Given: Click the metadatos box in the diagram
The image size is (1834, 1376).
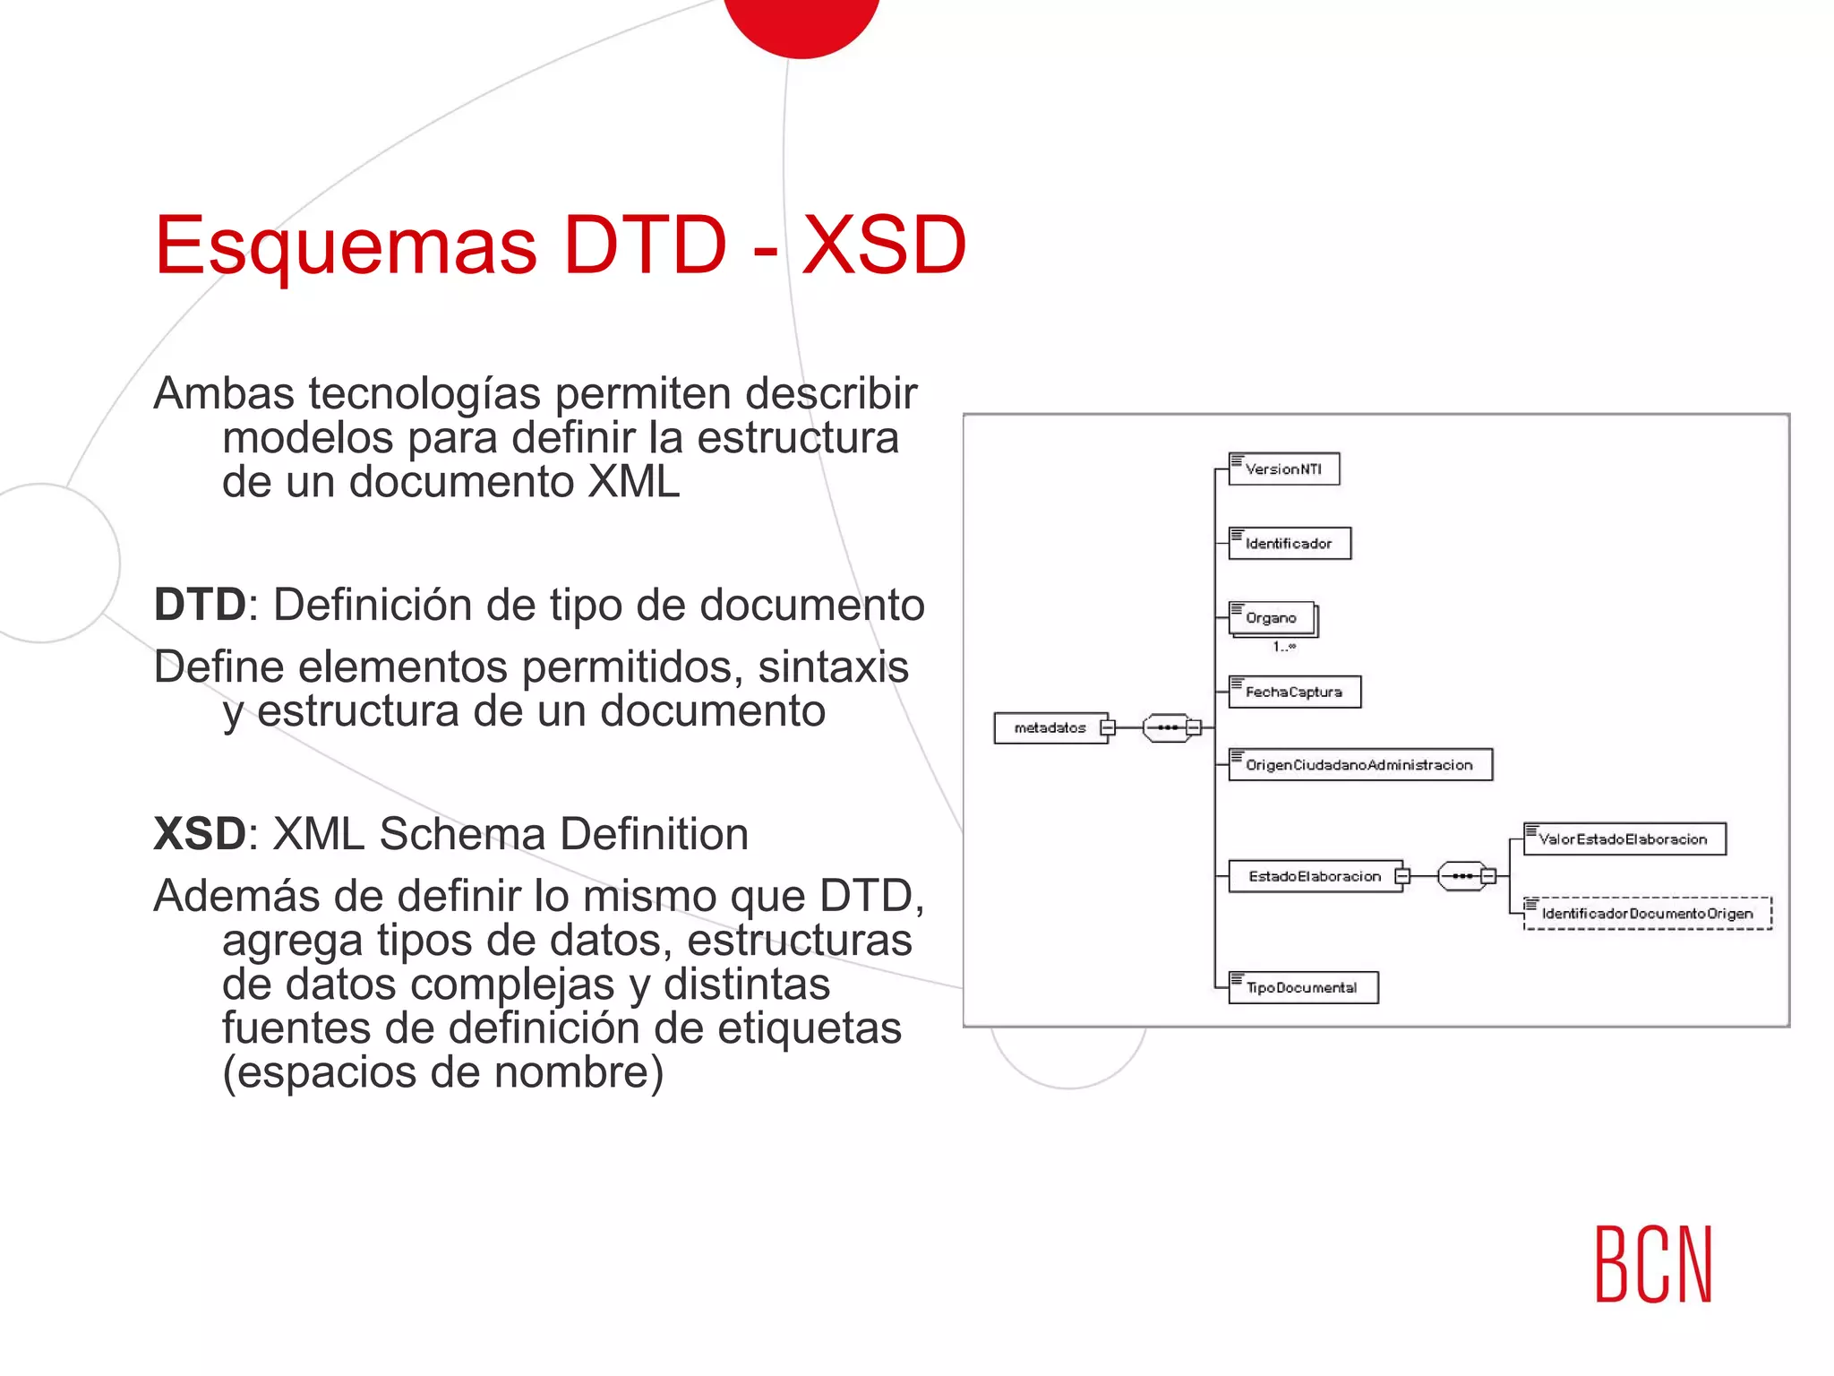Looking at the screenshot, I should (x=1050, y=727).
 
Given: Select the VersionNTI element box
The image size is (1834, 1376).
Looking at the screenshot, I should (x=1283, y=469).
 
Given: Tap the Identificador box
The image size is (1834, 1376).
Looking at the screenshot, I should (x=1289, y=543).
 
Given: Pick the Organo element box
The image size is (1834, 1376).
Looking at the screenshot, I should (x=1272, y=617).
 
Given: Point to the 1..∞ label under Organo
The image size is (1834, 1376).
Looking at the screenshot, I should (x=1284, y=646).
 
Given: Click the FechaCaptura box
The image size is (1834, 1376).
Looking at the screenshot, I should (x=1294, y=692).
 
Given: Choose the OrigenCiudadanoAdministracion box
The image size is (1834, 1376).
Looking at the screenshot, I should (x=1359, y=765).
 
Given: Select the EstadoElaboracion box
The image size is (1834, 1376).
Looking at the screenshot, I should (x=1315, y=876).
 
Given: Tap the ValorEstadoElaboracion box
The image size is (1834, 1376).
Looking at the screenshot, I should (x=1624, y=839).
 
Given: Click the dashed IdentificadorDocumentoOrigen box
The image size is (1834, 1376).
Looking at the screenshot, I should (x=1647, y=914).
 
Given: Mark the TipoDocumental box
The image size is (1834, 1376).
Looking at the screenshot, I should (x=1302, y=987).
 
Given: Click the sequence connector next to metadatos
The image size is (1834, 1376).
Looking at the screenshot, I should (x=1169, y=727).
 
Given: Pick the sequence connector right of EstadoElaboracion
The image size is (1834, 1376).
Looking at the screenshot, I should (x=1463, y=876).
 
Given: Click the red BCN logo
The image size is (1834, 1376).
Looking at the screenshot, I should (x=1653, y=1264).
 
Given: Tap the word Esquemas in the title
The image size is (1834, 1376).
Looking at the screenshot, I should (x=346, y=245).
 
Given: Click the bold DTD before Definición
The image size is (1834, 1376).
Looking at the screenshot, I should (x=200, y=605).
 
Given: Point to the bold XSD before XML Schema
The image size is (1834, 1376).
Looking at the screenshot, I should (x=199, y=834).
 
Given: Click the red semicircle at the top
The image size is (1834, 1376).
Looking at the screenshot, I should (x=801, y=22).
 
